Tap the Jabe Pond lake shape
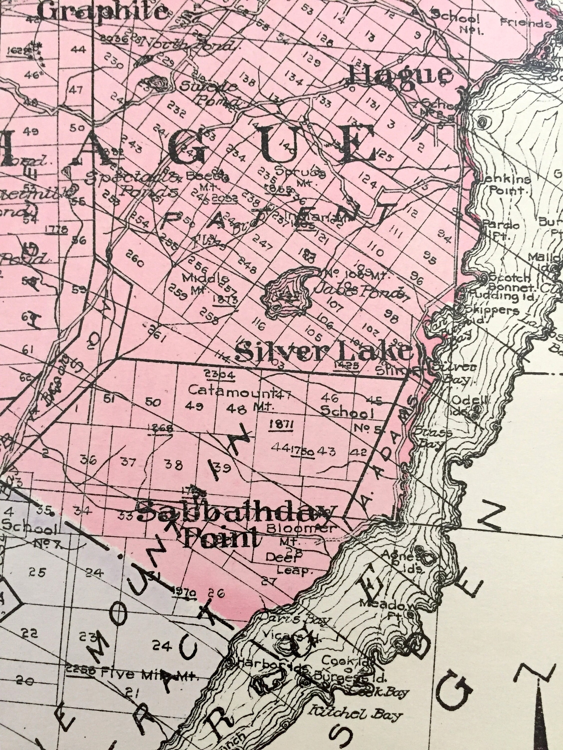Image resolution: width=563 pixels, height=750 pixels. point(289,291)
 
